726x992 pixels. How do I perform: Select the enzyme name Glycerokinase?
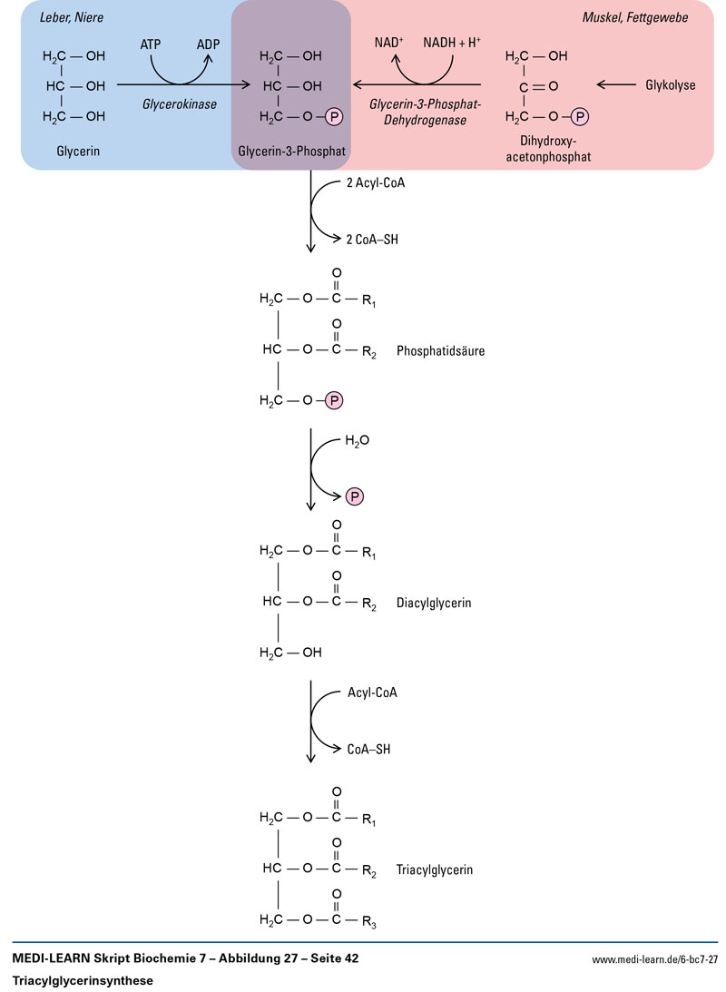(x=180, y=104)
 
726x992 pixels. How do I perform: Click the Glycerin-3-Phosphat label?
(x=291, y=152)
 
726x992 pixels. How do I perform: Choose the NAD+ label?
(x=391, y=43)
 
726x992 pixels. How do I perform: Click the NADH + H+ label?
(x=450, y=43)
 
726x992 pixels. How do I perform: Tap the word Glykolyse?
(x=670, y=85)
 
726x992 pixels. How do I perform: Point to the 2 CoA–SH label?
(x=372, y=241)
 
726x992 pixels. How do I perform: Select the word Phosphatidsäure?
(x=440, y=349)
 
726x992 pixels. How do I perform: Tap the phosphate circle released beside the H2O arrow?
(x=354, y=496)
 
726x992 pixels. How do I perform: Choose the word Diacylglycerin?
(x=434, y=602)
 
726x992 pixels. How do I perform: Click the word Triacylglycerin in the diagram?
(x=435, y=869)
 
